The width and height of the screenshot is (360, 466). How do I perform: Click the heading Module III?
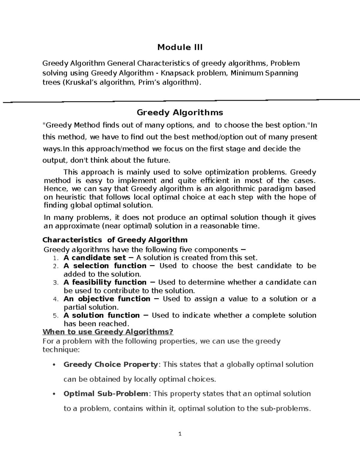tap(180, 47)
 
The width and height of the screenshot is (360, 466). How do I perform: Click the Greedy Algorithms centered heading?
tap(180, 113)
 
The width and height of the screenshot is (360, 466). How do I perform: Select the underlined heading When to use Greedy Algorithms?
tap(108, 332)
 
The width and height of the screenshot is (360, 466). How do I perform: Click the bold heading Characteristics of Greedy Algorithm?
tap(115, 240)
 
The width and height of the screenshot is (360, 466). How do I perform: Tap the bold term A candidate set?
tap(95, 258)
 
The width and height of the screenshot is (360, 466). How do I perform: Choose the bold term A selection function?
tap(105, 266)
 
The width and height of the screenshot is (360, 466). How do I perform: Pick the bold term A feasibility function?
tap(105, 282)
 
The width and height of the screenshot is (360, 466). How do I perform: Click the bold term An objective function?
tap(107, 299)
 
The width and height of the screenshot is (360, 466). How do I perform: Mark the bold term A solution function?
tap(102, 315)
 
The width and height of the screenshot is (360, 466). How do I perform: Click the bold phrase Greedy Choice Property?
tap(111, 365)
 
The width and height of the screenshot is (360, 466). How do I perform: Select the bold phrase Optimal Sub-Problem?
tap(106, 394)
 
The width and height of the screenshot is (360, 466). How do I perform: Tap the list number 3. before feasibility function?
tap(55, 283)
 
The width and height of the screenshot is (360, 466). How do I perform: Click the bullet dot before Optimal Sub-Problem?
tap(54, 394)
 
